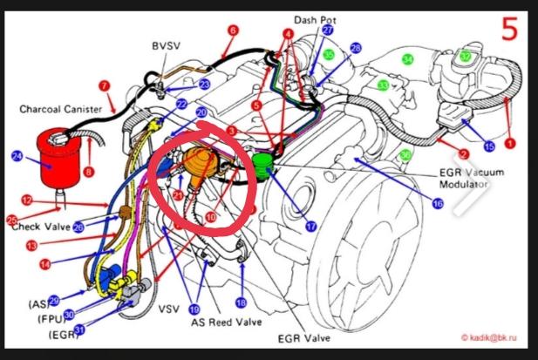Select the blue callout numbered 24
pos(17,156)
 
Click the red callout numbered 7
pos(105,85)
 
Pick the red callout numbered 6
pos(233,31)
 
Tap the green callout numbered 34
pos(407,58)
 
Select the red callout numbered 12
pos(26,200)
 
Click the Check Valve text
pos(41,228)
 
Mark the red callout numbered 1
pos(511,142)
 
